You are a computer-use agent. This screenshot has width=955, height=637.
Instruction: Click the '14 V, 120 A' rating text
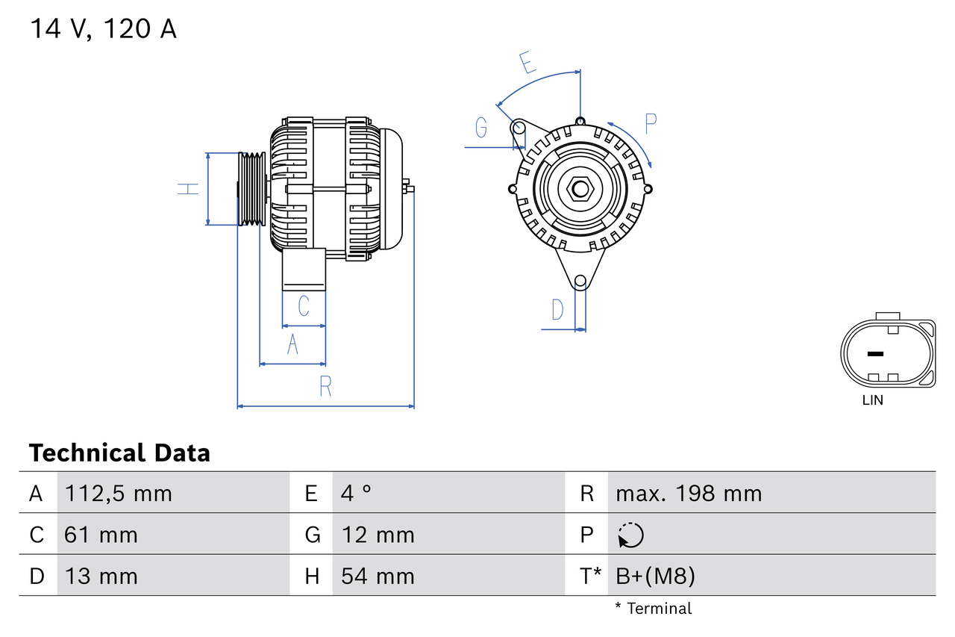[103, 29]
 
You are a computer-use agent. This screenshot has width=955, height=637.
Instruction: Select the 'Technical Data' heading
[119, 453]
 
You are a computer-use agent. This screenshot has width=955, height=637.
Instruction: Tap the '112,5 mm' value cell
[119, 493]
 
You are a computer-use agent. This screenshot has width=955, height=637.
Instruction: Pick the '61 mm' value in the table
[101, 535]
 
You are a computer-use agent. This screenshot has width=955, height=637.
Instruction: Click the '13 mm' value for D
[101, 576]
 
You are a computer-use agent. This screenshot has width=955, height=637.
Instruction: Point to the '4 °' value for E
[356, 493]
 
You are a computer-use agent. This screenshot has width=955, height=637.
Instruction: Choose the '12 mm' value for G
[378, 535]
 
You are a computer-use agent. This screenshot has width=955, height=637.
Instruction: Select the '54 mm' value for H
[378, 576]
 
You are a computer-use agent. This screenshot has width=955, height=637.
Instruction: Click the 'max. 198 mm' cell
[689, 493]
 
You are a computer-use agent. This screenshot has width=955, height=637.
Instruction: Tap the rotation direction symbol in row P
[630, 535]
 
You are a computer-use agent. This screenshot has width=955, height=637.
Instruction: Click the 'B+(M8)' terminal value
[655, 576]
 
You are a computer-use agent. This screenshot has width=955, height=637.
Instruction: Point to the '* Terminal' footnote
[653, 609]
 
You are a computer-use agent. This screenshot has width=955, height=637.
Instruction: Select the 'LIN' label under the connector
[872, 400]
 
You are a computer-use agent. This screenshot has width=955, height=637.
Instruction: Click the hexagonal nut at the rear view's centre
[580, 189]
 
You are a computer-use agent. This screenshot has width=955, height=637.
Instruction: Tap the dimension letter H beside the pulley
[189, 189]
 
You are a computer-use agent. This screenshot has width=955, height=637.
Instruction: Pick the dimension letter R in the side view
[325, 387]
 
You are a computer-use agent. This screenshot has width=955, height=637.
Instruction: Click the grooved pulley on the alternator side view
[252, 189]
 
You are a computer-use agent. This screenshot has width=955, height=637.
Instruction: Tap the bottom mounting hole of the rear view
[580, 282]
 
